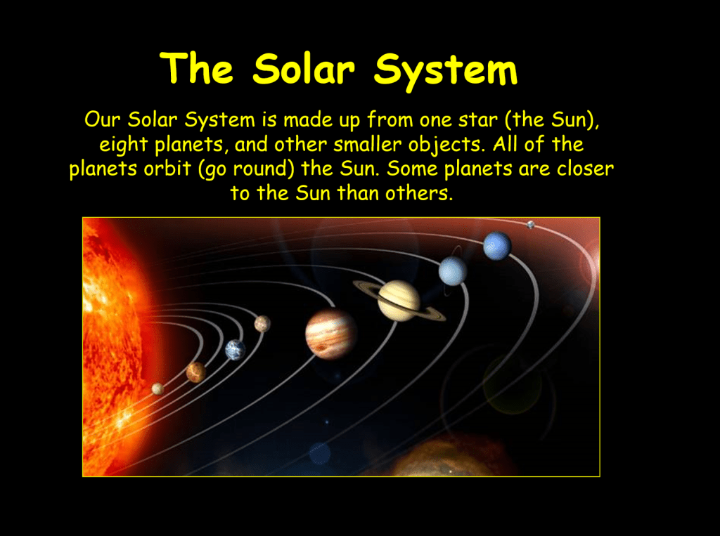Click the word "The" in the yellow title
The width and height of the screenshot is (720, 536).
click(x=197, y=68)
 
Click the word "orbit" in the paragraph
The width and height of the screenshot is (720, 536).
click(x=167, y=169)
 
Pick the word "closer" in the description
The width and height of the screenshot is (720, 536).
click(x=585, y=169)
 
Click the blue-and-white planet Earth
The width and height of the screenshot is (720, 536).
click(x=235, y=350)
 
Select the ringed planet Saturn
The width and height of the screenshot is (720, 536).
click(x=399, y=301)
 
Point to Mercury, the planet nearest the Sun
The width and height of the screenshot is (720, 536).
click(x=157, y=389)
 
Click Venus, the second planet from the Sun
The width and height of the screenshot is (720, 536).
click(x=196, y=372)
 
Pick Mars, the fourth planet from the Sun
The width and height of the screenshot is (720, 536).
click(x=262, y=324)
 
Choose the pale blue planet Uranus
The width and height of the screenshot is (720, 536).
click(x=453, y=271)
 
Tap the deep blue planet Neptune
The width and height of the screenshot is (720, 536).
click(x=497, y=246)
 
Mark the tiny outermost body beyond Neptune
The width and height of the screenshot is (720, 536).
click(x=531, y=225)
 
